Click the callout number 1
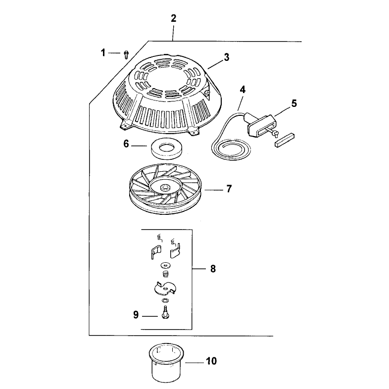pyautogui.click(x=103, y=53)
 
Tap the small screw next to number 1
pyautogui.click(x=126, y=54)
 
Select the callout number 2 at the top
pyautogui.click(x=173, y=18)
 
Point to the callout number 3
pyautogui.click(x=227, y=57)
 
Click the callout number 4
pyautogui.click(x=243, y=90)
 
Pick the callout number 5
pyautogui.click(x=294, y=103)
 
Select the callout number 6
pyautogui.click(x=126, y=144)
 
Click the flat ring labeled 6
pyautogui.click(x=166, y=148)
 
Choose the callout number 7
pyautogui.click(x=229, y=189)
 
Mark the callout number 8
pyautogui.click(x=213, y=269)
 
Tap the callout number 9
pyautogui.click(x=136, y=315)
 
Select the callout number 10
pyautogui.click(x=211, y=361)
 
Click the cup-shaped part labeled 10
pyautogui.click(x=166, y=362)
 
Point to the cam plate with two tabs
pyautogui.click(x=165, y=288)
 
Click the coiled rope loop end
pyautogui.click(x=231, y=149)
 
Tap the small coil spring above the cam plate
pyautogui.click(x=165, y=274)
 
